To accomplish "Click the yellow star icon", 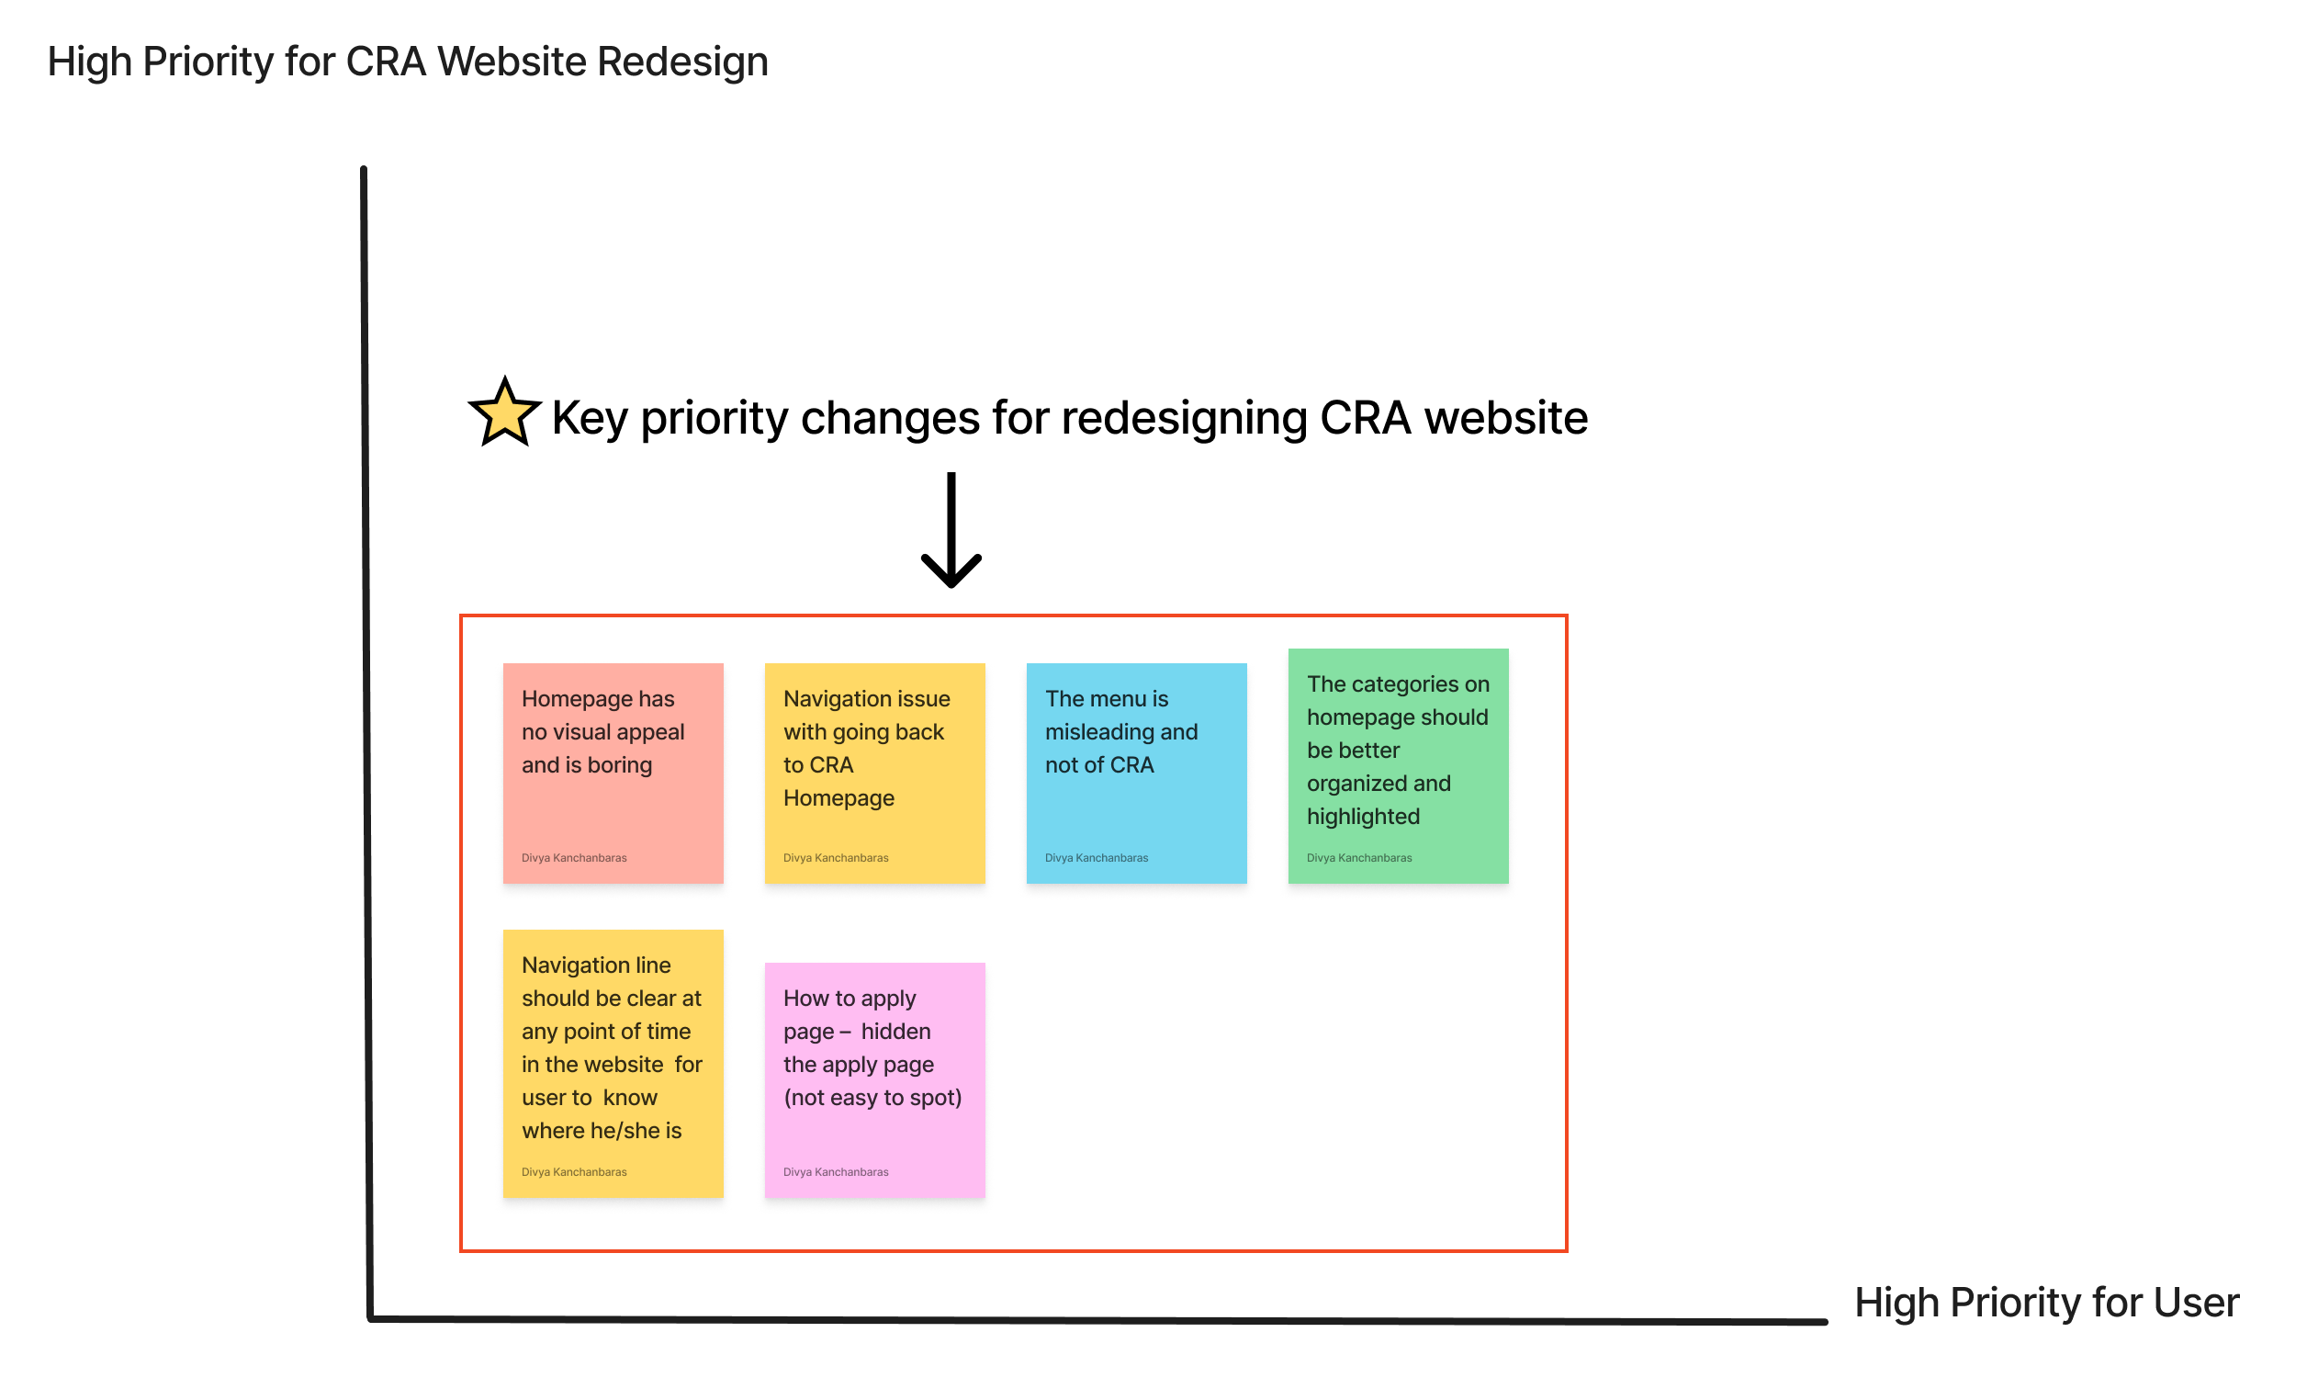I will pos(505,414).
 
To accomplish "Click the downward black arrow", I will pos(951,531).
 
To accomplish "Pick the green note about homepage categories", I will pos(1398,766).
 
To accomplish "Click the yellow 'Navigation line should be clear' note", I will pos(613,1063).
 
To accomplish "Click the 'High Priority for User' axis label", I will pos(2047,1303).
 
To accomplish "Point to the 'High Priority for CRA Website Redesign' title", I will pos(407,62).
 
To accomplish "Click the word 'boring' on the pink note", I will pos(620,765).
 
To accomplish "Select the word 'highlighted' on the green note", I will pos(1363,817).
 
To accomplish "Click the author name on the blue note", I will pos(1097,858).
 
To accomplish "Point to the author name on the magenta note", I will pos(835,1172).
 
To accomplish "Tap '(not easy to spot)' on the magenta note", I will pos(872,1098).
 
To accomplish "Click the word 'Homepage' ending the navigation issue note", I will pos(838,799).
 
